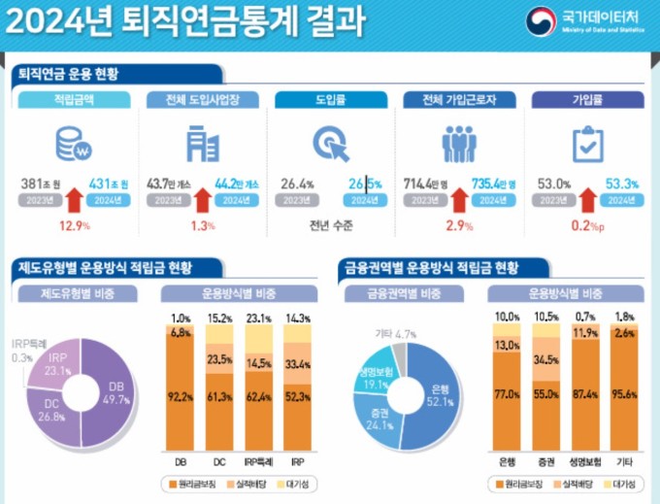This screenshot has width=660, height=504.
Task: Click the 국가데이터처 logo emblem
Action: [541, 21]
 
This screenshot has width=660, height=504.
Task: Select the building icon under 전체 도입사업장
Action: [202, 144]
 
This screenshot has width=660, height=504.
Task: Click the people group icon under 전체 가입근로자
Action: [458, 144]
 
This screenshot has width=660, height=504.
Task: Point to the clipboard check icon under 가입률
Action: [586, 145]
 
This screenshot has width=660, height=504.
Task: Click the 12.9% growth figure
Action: [74, 225]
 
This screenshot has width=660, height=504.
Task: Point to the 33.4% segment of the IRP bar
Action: [298, 364]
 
